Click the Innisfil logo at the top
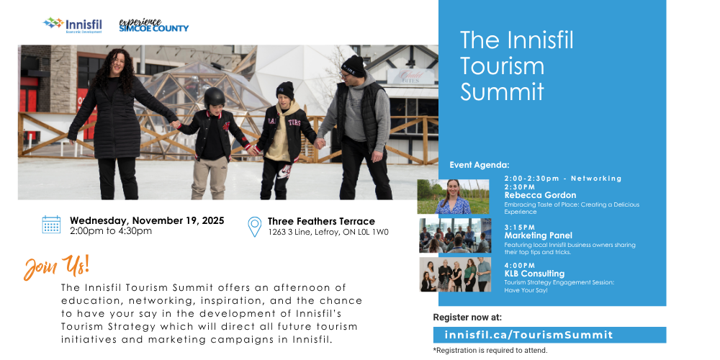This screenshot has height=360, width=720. click(x=73, y=25)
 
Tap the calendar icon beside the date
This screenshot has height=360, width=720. click(x=51, y=225)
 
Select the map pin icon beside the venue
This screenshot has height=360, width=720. click(x=254, y=226)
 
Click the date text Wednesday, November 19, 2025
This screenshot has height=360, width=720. click(x=147, y=220)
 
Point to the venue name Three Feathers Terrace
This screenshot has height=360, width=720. click(x=321, y=221)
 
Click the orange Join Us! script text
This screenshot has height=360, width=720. click(x=57, y=266)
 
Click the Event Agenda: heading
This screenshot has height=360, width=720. click(x=479, y=165)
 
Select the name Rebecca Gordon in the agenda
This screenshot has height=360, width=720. click(x=540, y=195)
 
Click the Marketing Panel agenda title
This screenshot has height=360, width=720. click(x=539, y=235)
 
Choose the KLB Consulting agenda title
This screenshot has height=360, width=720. click(x=534, y=274)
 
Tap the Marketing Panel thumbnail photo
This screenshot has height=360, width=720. click(x=455, y=235)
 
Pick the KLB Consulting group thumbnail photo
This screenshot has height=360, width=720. click(x=455, y=274)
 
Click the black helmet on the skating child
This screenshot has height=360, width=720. click(x=215, y=96)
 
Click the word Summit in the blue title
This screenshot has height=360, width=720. click(x=502, y=91)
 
